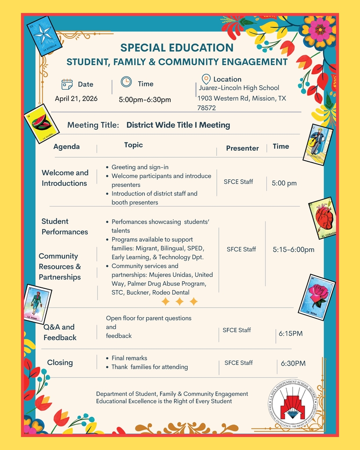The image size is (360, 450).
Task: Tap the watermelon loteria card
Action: pos(41,123)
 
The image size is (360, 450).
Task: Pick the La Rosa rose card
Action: pos(316,297)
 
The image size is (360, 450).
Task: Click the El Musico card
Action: pos(318,145)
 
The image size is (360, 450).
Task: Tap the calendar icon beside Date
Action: pos(67,84)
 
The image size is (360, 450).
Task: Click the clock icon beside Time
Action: pos(126,82)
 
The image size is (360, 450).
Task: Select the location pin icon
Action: pos(206,79)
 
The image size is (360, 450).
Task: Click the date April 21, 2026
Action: pos(76,98)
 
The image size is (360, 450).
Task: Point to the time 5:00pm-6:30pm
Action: pos(145,100)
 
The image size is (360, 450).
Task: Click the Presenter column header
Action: pos(242,148)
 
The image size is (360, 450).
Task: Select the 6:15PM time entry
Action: pos(291,334)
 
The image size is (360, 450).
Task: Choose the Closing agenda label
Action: pos(60,363)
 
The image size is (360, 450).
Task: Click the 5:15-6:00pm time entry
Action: pos(293,250)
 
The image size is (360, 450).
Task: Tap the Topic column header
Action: pos(133,145)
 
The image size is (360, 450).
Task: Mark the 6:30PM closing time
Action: pos(293,363)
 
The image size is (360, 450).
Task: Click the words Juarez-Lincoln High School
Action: pos(239,88)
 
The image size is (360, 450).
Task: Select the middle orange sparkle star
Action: pos(179,301)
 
